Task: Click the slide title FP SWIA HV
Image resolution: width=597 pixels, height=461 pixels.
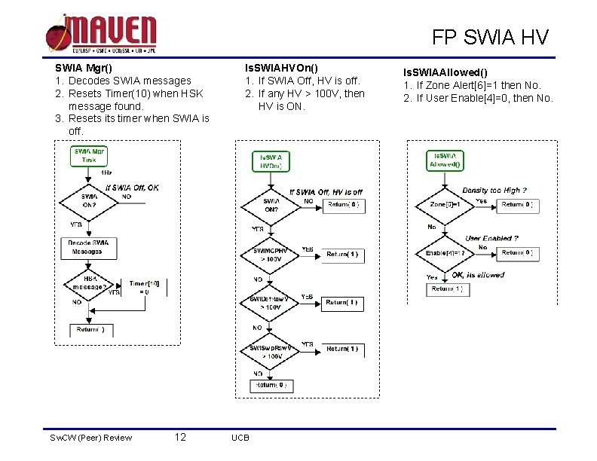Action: coord(490,37)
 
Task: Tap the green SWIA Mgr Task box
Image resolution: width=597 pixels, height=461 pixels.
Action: coord(89,155)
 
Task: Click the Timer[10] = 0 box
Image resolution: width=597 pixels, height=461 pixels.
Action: coord(144,287)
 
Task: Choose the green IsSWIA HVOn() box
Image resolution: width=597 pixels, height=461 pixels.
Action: coord(271,162)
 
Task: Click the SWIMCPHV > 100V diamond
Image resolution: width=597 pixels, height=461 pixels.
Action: coord(271,255)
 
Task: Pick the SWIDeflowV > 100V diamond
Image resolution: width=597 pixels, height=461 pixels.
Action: coord(271,303)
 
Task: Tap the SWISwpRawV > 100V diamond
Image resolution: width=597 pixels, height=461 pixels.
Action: coord(271,351)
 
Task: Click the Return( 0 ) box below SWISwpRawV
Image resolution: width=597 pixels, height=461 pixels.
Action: coord(271,386)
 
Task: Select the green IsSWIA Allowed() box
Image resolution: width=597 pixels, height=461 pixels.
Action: coord(445,160)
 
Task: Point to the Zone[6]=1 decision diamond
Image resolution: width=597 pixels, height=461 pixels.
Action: coord(445,205)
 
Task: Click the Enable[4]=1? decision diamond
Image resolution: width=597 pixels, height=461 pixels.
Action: coord(445,252)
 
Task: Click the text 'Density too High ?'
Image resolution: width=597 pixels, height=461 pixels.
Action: coord(494,191)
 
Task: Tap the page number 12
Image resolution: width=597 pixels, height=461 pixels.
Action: coord(180,437)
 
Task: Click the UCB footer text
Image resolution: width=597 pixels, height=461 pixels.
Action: coord(240,438)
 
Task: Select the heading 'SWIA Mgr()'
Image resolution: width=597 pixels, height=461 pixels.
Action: coord(84,68)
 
